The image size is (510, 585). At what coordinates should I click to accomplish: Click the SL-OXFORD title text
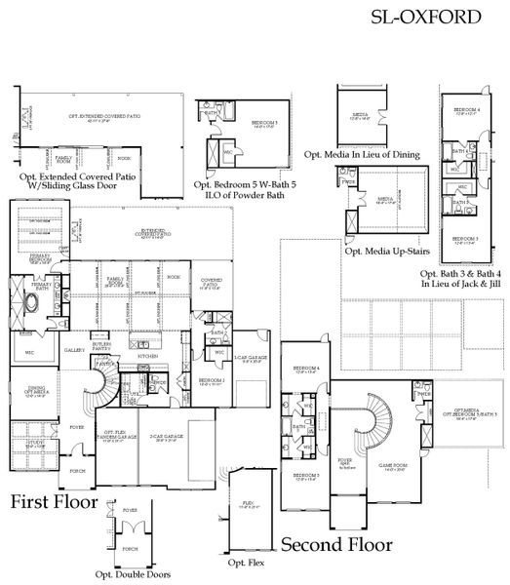click(426, 17)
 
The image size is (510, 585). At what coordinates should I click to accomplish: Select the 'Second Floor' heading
click(336, 544)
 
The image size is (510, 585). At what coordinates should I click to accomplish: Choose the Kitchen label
click(148, 356)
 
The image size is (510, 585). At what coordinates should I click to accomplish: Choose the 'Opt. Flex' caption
click(243, 564)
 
